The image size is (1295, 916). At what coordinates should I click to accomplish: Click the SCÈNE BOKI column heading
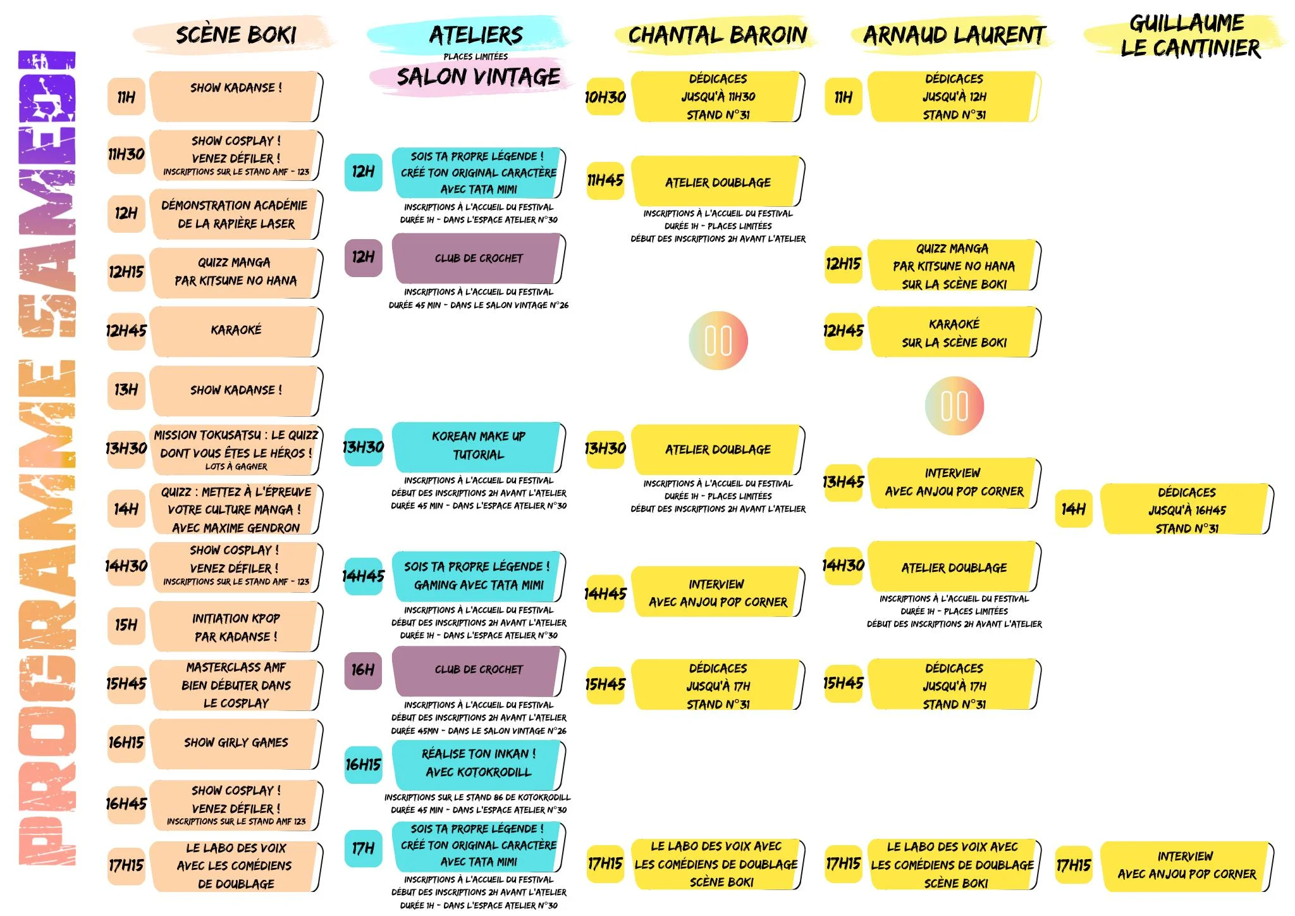coord(235,34)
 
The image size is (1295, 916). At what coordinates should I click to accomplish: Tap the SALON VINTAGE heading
coord(478,77)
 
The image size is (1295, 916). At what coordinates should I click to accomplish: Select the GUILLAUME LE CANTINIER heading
coord(1189,35)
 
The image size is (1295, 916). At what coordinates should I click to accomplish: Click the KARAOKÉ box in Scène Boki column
coord(235,330)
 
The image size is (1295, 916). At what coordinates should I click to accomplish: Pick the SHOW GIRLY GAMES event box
coord(235,743)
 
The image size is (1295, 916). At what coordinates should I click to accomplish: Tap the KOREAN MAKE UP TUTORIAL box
coord(478,446)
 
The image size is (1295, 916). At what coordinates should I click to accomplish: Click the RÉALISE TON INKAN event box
coord(478,763)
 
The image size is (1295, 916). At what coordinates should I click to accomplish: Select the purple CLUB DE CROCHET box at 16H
coord(478,670)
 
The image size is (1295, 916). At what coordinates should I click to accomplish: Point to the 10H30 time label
coord(605,97)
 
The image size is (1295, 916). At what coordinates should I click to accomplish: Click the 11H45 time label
coord(605,181)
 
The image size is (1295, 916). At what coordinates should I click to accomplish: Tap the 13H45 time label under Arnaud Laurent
coord(843,483)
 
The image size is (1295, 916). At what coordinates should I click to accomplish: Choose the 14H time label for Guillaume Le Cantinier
coord(1073,509)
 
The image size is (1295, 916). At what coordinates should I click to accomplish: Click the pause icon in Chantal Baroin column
coord(718,340)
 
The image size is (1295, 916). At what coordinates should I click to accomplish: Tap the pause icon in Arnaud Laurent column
coord(954,406)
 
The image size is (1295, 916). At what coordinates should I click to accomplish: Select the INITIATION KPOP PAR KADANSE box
coord(235,627)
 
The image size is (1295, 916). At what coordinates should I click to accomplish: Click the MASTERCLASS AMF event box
coord(235,685)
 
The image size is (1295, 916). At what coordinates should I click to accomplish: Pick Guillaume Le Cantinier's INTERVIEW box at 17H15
coord(1186,865)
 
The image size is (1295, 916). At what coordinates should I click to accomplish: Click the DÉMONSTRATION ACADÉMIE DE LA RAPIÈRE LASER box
coord(235,214)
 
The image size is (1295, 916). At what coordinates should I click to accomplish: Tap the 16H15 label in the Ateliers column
coord(363,765)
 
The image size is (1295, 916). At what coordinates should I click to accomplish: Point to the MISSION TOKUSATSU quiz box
coord(235,450)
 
